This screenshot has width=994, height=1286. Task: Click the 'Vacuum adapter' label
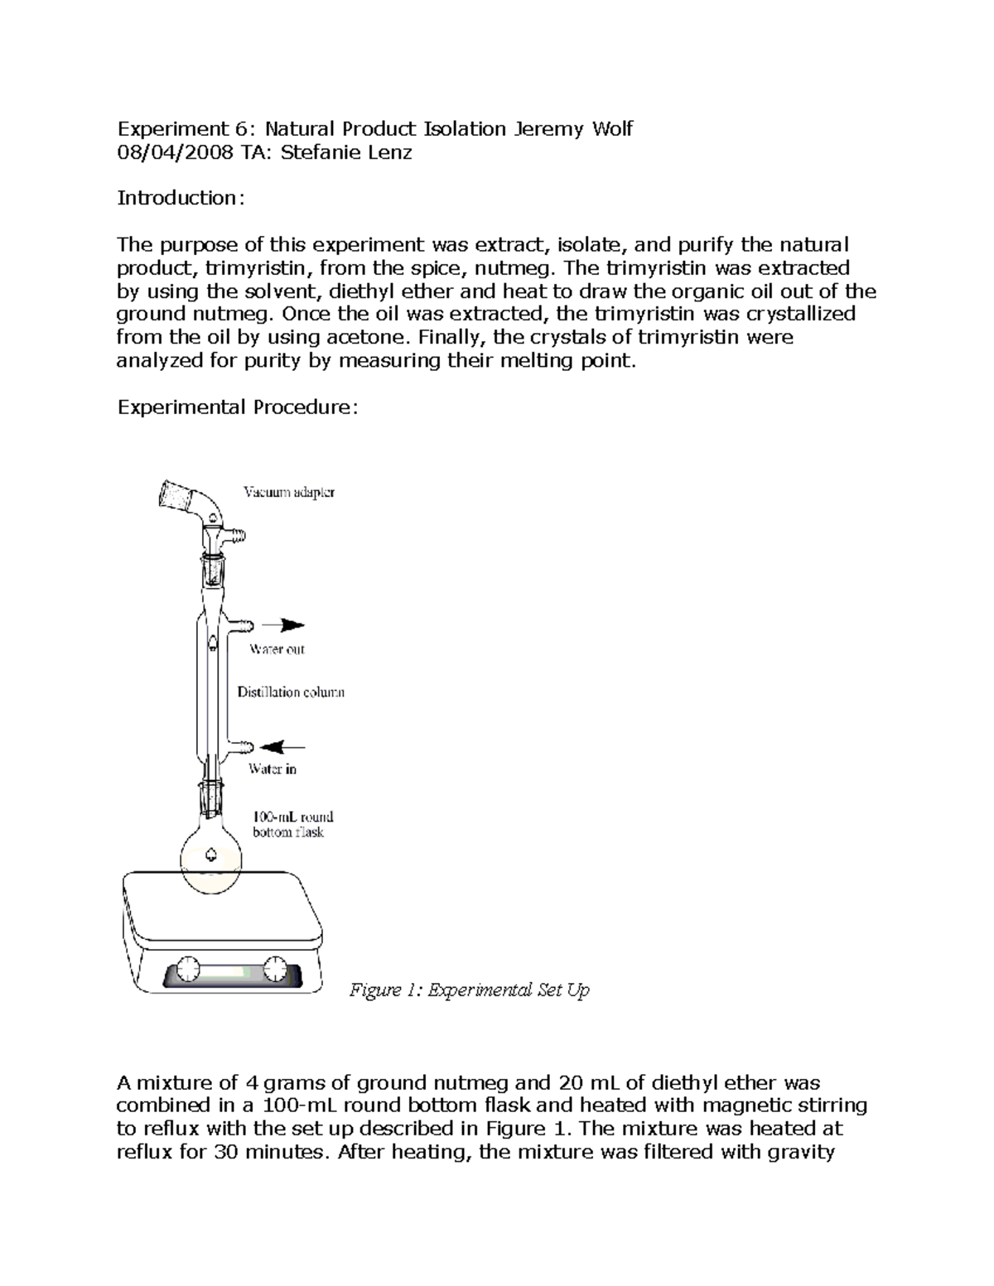tap(289, 493)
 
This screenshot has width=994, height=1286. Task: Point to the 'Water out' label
tap(277, 649)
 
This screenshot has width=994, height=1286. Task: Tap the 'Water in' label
tap(273, 769)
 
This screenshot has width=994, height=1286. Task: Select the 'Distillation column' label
tap(291, 691)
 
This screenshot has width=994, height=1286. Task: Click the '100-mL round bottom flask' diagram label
tap(292, 824)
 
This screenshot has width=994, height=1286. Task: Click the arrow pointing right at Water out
tap(282, 625)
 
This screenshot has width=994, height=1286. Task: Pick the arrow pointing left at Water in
tap(283, 745)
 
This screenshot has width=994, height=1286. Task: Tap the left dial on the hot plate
tap(189, 968)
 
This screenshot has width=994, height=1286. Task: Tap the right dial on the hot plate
tap(274, 968)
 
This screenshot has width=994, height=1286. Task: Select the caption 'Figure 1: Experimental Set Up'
tap(469, 990)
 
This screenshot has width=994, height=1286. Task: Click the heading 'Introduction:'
tap(180, 198)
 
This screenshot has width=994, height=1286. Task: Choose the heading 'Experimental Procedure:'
tap(238, 407)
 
